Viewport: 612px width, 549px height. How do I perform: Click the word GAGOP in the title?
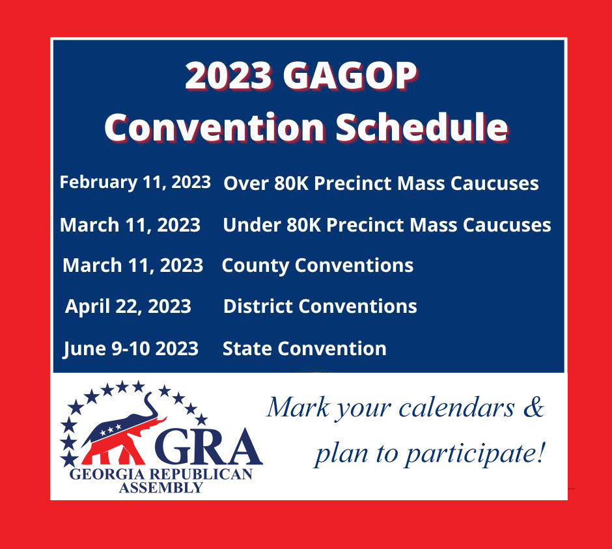point(350,75)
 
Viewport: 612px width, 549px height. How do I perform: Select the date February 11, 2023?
point(135,183)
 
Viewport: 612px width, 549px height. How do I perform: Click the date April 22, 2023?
point(128,306)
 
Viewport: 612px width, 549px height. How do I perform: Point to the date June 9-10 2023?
point(131,349)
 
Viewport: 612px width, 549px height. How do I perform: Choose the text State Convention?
point(305,349)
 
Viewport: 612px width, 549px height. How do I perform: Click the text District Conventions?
point(320,306)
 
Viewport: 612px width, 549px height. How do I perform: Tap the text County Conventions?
point(318,266)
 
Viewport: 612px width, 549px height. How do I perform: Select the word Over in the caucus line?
point(246,183)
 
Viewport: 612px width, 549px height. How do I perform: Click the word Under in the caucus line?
point(252,225)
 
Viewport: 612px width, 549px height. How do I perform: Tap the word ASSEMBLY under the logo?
point(161,488)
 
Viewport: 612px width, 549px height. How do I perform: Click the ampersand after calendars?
point(534,407)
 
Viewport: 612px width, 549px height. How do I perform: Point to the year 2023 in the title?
point(229,75)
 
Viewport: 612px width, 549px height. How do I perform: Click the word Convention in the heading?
point(214,127)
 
